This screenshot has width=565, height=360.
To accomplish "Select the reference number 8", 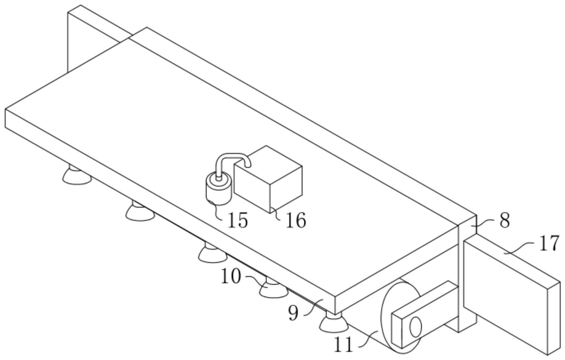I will [505, 221].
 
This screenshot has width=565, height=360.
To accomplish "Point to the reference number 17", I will [550, 243].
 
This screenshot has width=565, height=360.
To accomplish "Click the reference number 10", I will [231, 276].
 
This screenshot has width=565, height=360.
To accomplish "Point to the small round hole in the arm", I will [415, 327].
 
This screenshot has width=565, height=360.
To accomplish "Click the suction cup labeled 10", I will [273, 290].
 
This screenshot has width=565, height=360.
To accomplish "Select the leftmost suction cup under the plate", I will [77, 176].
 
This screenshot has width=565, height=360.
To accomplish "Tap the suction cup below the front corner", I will [334, 325].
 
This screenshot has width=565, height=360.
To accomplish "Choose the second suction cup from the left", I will [139, 212].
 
